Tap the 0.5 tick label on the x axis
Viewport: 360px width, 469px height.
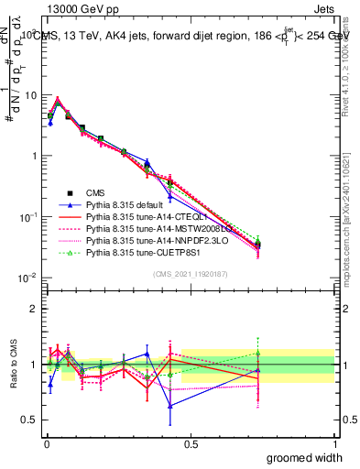(191, 442)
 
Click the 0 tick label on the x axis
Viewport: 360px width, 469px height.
(46, 442)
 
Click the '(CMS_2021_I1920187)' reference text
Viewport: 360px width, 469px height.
(191, 273)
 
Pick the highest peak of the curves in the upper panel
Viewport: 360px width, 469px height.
(58, 100)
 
